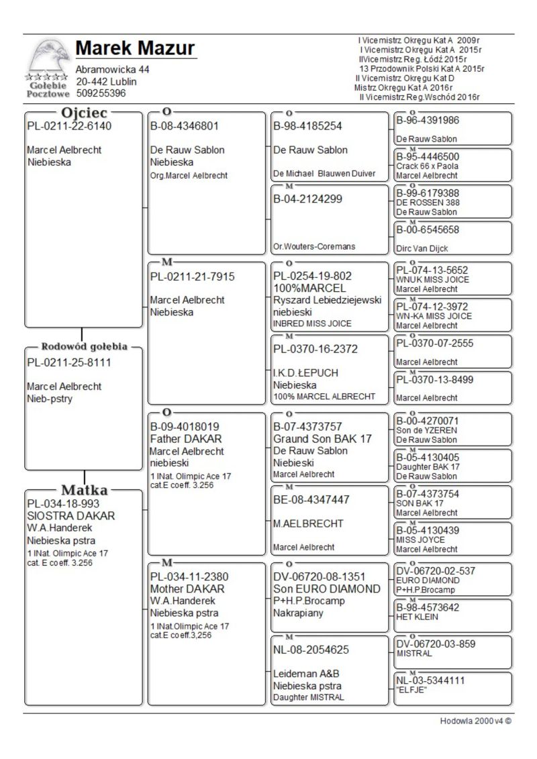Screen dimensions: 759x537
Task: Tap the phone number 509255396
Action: pyautogui.click(x=101, y=93)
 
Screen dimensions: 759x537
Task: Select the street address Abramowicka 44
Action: pyautogui.click(x=112, y=70)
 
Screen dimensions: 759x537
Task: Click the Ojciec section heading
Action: pyautogui.click(x=85, y=113)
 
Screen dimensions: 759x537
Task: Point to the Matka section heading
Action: pyautogui.click(x=85, y=489)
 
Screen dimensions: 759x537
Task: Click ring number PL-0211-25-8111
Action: pyautogui.click(x=69, y=362)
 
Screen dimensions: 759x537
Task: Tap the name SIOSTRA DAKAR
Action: pyautogui.click(x=70, y=515)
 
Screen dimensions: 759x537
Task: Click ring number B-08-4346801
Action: pyautogui.click(x=185, y=125)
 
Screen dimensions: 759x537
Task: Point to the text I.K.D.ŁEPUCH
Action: pyautogui.click(x=305, y=373)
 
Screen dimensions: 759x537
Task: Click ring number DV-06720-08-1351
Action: pyautogui.click(x=322, y=576)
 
